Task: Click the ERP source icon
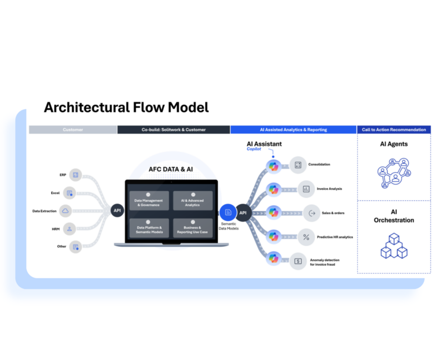click(x=76, y=175)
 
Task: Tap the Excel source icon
click(x=69, y=193)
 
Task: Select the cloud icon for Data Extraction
click(x=65, y=211)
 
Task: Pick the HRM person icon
click(x=69, y=229)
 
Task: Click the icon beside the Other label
click(x=76, y=247)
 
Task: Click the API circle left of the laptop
click(x=117, y=211)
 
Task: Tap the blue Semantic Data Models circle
click(x=228, y=212)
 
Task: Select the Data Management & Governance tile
click(x=149, y=200)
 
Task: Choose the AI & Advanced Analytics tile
click(x=193, y=200)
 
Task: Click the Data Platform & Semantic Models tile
click(x=149, y=228)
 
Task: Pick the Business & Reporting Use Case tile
click(x=193, y=228)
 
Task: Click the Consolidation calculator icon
click(x=298, y=165)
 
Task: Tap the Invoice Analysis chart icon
click(x=306, y=189)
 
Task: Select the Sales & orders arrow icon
click(x=312, y=213)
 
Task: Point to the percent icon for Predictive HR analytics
click(x=306, y=237)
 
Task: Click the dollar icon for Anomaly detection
click(x=298, y=261)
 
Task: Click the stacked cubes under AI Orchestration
click(x=394, y=246)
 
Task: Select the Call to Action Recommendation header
click(x=394, y=130)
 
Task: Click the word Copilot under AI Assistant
click(x=254, y=149)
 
